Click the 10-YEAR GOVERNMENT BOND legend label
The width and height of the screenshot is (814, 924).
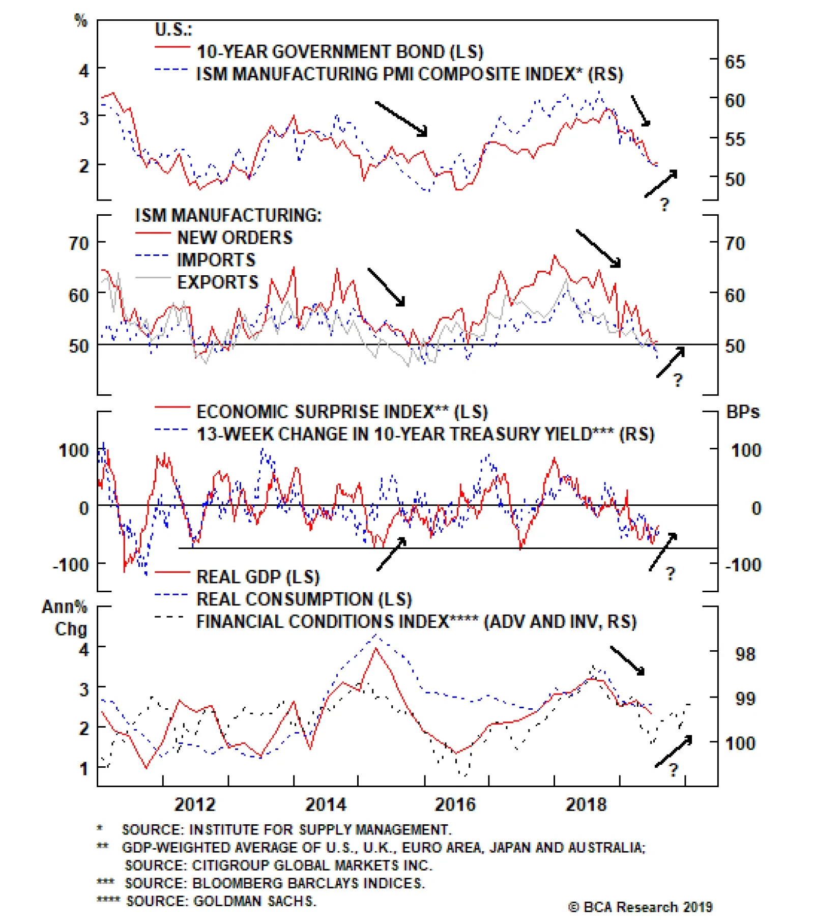click(x=340, y=52)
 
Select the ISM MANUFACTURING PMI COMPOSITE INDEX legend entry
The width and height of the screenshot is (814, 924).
click(x=410, y=74)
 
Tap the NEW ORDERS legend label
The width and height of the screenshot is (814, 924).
click(x=235, y=238)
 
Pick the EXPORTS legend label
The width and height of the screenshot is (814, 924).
click(x=217, y=282)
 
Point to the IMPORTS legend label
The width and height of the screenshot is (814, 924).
click(x=216, y=260)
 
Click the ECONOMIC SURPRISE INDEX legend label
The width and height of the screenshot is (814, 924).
click(x=342, y=412)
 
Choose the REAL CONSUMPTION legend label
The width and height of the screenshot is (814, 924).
click(x=304, y=599)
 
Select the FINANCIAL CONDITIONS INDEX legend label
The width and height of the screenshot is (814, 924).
click(x=416, y=622)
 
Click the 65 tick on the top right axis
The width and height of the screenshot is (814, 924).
click(x=735, y=62)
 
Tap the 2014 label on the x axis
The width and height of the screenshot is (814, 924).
click(x=325, y=804)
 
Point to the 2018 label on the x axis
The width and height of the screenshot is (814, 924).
click(x=586, y=804)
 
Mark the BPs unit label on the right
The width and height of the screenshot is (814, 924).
click(x=742, y=412)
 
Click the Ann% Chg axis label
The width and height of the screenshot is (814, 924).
click(x=65, y=618)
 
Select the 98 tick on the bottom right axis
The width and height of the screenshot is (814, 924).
click(x=745, y=654)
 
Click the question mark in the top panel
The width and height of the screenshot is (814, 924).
click(x=664, y=205)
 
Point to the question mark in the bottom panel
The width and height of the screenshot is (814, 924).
click(x=674, y=770)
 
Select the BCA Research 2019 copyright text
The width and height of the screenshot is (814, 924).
click(x=640, y=907)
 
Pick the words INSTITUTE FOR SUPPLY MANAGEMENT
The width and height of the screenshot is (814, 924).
click(x=320, y=830)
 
